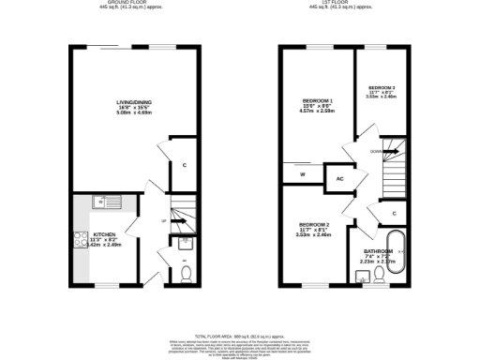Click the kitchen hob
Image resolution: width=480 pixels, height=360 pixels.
76,238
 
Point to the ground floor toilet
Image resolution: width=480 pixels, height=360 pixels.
185,273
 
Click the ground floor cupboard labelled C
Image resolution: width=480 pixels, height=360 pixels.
185,166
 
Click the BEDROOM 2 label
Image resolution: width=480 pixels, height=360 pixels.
314,225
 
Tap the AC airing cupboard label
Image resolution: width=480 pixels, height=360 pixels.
339,177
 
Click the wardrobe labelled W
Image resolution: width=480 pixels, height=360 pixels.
302,174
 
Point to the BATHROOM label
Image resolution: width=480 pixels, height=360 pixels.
378,252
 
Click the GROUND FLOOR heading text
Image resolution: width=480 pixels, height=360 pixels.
130,3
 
